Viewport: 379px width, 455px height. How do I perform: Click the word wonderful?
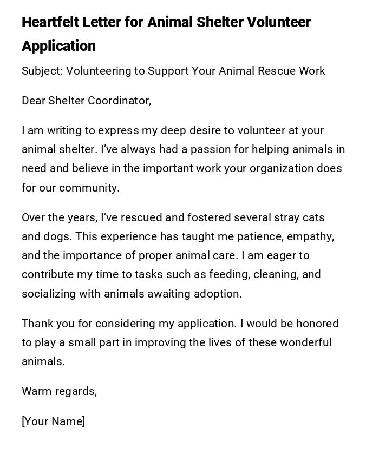click(x=304, y=342)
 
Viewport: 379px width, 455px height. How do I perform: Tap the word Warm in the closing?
click(x=36, y=391)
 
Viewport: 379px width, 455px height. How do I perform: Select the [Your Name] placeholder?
click(x=54, y=421)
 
